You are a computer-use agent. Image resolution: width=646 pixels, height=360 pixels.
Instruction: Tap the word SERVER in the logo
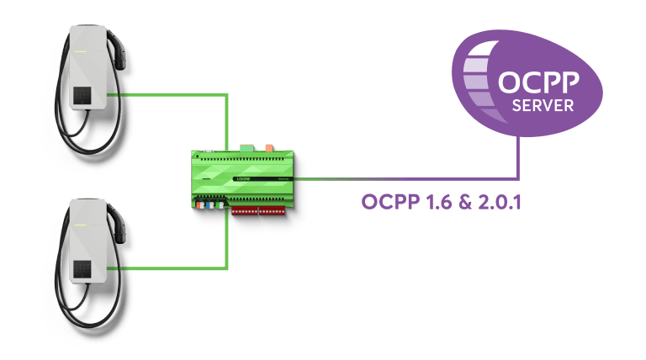(543, 106)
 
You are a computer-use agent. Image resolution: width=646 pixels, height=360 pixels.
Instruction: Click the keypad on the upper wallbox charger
(84, 96)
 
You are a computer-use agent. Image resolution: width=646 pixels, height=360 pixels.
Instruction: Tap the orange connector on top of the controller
(268, 148)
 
